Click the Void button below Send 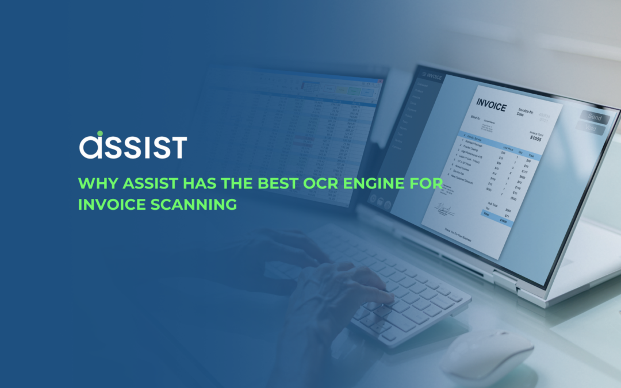592,129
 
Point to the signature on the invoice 443,208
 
